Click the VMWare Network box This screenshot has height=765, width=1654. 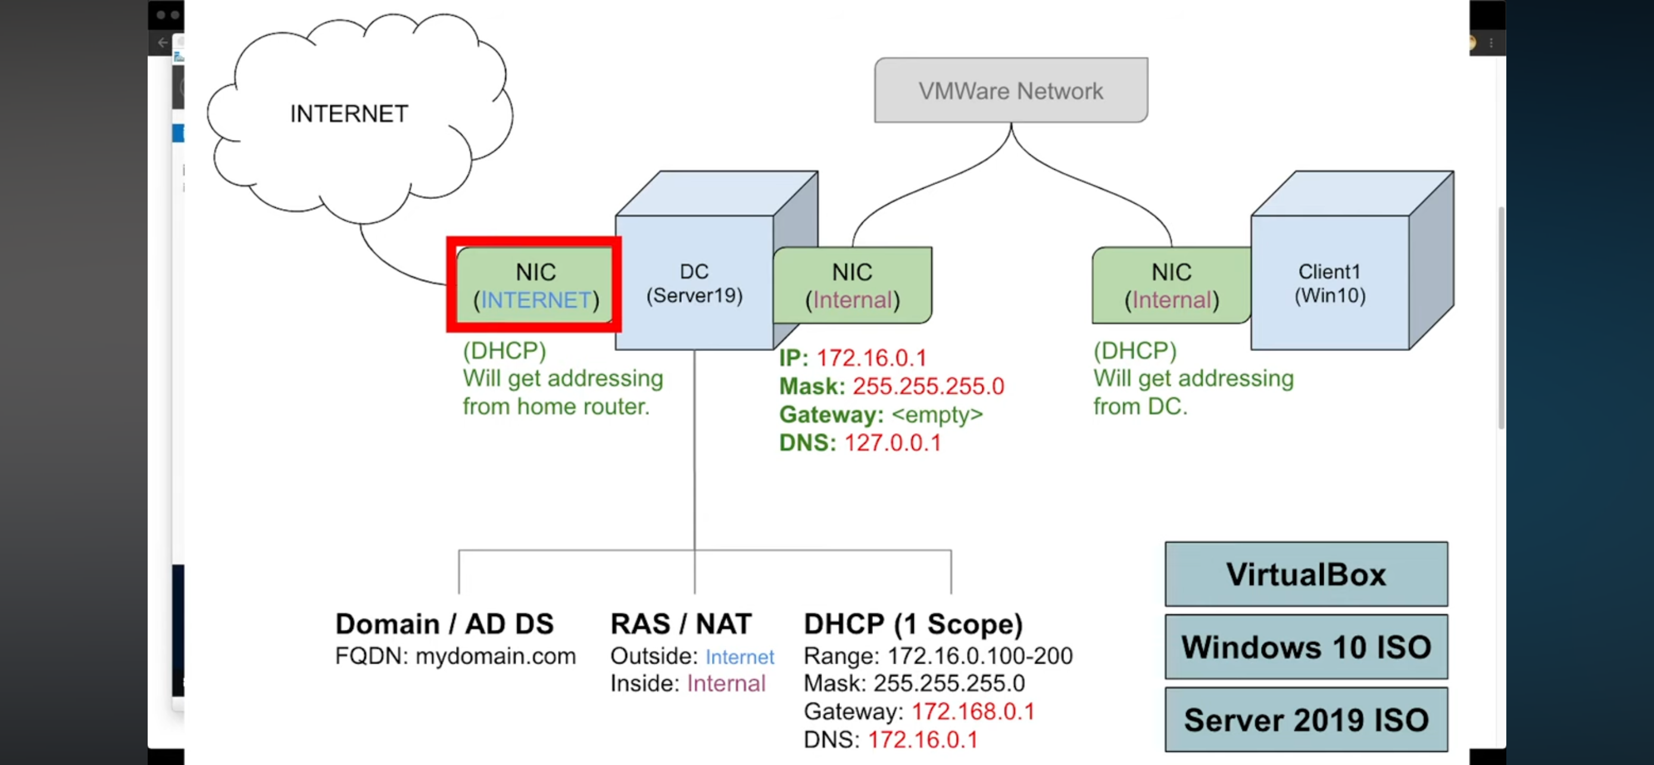click(1010, 91)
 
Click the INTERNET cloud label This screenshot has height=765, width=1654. click(349, 114)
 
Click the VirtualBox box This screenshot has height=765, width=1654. click(1306, 574)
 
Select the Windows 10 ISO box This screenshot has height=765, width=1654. click(1306, 646)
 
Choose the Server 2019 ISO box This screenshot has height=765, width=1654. click(1306, 719)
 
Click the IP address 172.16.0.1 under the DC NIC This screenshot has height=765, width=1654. click(871, 357)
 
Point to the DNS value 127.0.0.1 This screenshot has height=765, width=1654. click(892, 443)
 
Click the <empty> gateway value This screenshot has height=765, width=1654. click(937, 414)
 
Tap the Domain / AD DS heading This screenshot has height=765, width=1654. click(444, 624)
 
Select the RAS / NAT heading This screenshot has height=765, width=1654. click(681, 624)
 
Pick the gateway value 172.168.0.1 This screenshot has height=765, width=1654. click(973, 711)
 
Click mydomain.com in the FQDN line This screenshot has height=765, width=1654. click(495, 656)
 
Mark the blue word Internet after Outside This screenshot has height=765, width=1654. click(739, 657)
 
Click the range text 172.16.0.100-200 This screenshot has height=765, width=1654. click(980, 656)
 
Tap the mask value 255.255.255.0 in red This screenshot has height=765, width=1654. click(928, 386)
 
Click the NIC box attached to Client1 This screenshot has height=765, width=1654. click(1171, 285)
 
